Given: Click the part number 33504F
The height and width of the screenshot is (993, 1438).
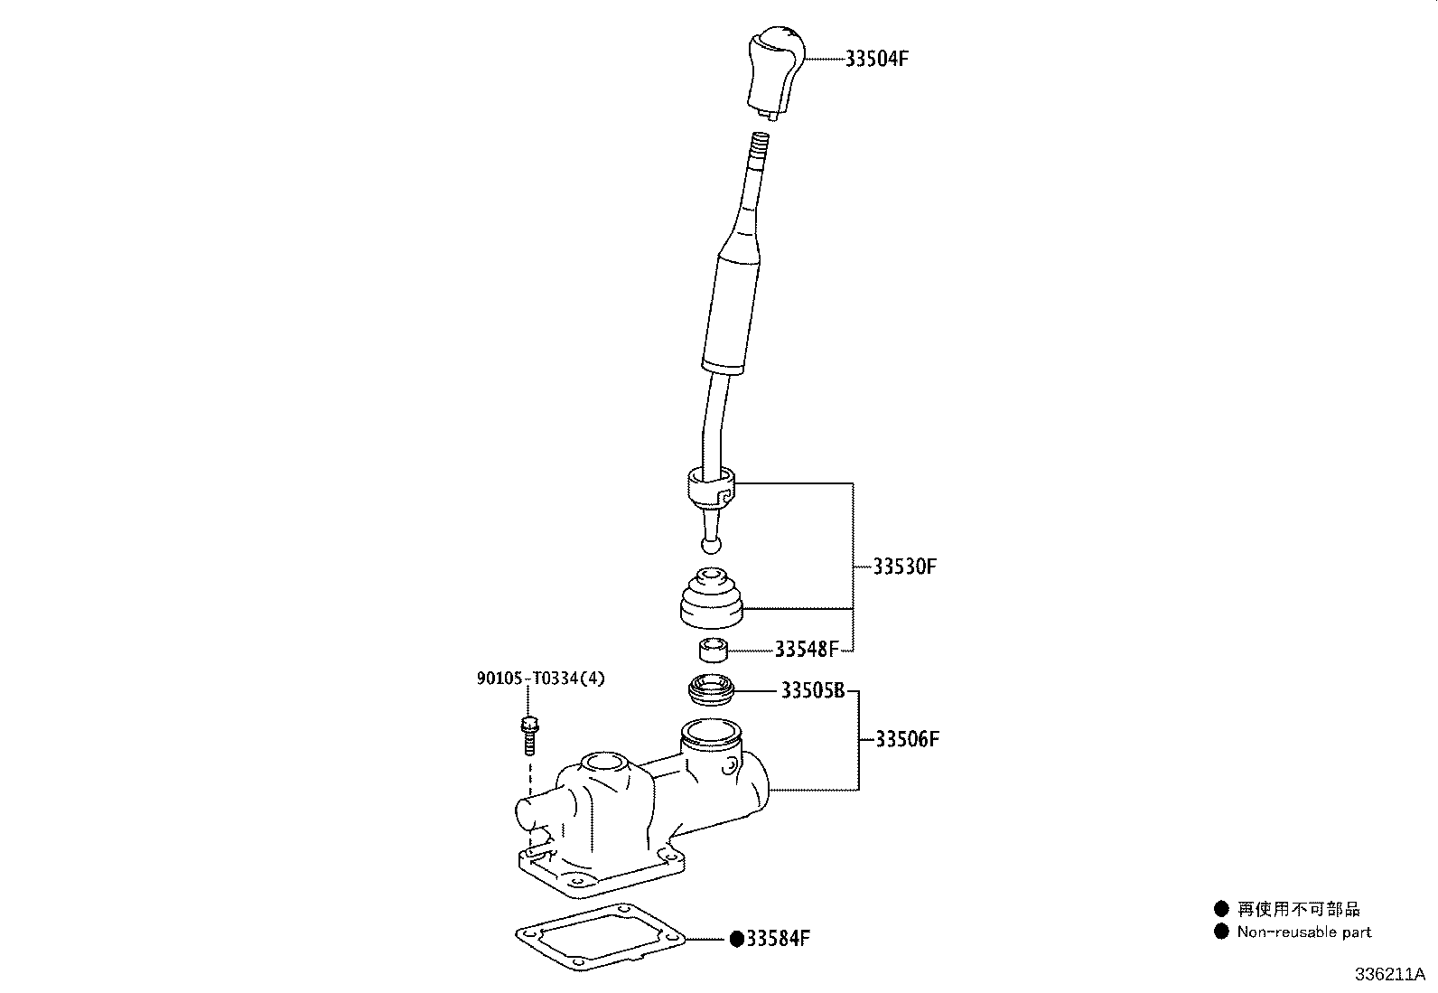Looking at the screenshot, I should [x=876, y=59].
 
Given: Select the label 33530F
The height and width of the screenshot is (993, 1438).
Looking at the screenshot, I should [x=905, y=567].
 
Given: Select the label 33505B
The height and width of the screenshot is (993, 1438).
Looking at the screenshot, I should [x=812, y=691].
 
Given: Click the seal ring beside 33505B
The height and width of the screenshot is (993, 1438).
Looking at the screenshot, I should [x=712, y=691].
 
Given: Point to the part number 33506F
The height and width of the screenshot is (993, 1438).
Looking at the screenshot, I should [x=908, y=739].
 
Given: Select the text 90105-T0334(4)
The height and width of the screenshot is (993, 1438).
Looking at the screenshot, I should [x=541, y=679].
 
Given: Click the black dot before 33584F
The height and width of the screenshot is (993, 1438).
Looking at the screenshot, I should [x=736, y=939].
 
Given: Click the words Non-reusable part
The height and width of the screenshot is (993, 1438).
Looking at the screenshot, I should [x=1303, y=932].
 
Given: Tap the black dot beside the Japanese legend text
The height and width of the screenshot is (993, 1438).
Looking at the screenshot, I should [x=1221, y=909].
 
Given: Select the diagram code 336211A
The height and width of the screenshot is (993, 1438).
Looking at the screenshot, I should [x=1388, y=975].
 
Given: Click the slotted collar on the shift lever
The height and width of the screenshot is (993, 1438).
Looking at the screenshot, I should [x=711, y=488].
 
